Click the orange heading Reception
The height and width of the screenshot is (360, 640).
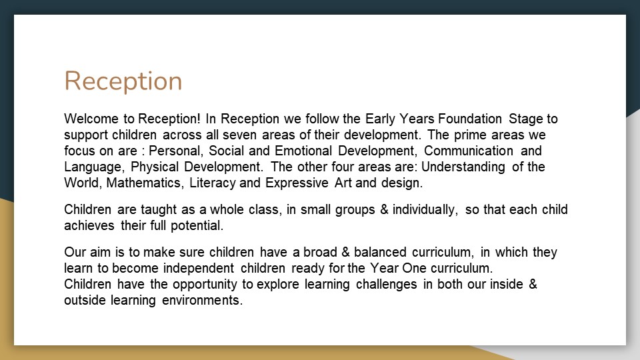tap(123, 81)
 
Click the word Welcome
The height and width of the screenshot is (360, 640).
tap(91, 119)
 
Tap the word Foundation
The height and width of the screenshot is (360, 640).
tap(470, 119)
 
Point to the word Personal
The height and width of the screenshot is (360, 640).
tap(175, 151)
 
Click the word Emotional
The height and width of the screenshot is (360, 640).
tap(303, 151)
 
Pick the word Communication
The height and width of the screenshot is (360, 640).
tap(469, 151)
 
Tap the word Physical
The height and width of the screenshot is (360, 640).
tap(155, 167)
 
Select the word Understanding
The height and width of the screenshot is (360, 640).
tap(463, 167)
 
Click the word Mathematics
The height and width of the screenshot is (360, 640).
tap(144, 183)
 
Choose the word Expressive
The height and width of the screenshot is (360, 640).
tap(297, 183)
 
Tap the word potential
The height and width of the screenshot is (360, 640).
tap(197, 225)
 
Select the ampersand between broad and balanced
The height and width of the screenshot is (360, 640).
tap(345, 252)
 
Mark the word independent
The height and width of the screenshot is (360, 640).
tap(199, 268)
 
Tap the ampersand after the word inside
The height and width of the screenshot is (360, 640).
tap(533, 284)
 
